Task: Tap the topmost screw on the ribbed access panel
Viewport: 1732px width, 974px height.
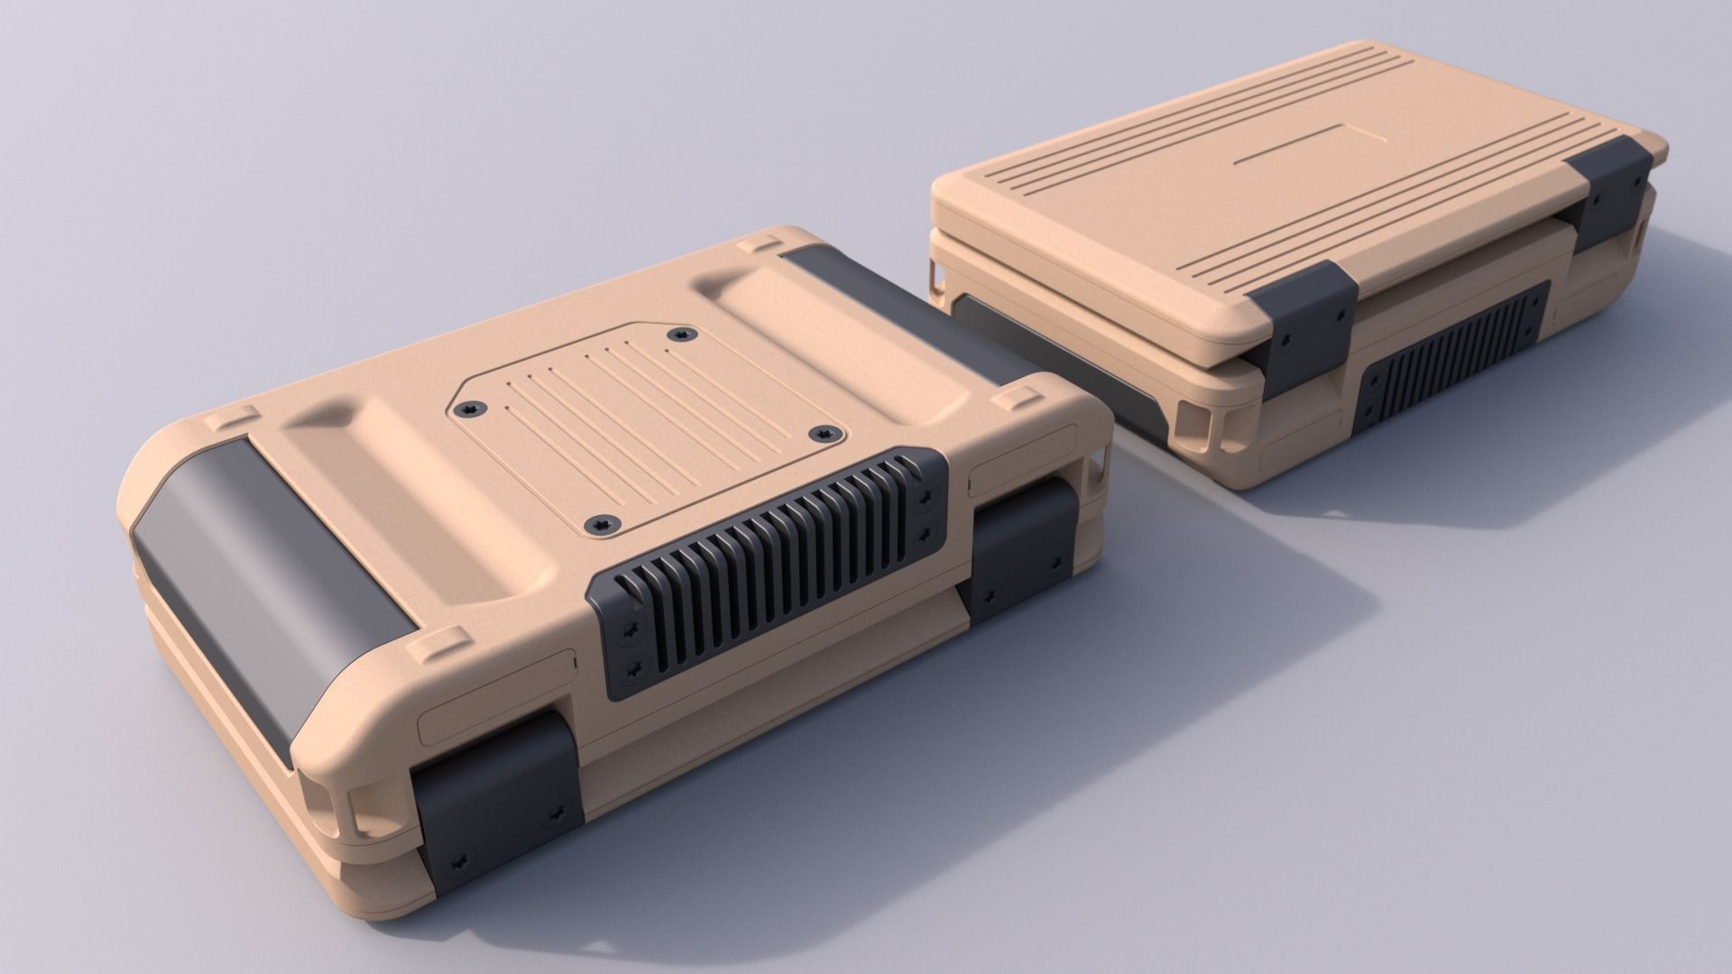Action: click(679, 335)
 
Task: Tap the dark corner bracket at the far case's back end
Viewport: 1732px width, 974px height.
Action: click(1615, 189)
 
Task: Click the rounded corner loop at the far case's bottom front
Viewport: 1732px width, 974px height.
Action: click(1209, 424)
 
